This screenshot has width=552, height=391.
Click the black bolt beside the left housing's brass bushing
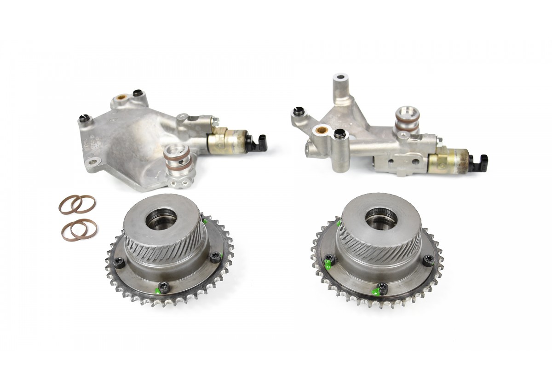137,94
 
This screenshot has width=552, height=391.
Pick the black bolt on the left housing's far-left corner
84,117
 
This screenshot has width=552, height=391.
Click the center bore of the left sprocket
161,217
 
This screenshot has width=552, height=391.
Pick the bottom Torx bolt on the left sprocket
164,287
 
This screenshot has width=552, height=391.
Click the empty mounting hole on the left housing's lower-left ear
95,161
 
